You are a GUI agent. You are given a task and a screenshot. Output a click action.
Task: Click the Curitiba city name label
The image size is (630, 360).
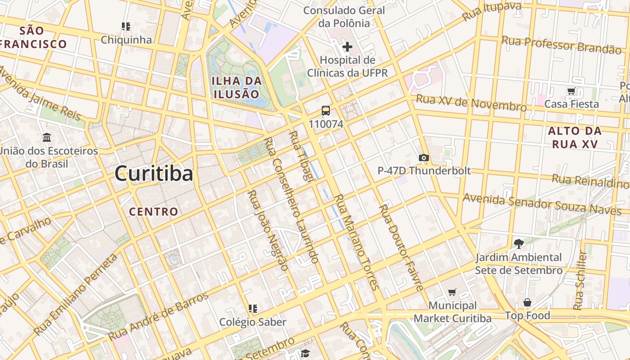click(x=154, y=173)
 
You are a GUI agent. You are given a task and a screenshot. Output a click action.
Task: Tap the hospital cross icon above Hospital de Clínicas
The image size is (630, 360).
click(x=347, y=46)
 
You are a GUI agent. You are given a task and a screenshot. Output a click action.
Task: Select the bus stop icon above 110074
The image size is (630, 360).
click(x=326, y=111)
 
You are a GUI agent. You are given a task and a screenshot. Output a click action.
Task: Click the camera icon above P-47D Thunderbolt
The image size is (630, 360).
click(x=423, y=157)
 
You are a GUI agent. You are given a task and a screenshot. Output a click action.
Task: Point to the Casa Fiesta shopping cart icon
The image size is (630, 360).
click(x=571, y=91)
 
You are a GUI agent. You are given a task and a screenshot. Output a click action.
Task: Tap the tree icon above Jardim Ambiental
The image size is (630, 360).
click(x=518, y=244)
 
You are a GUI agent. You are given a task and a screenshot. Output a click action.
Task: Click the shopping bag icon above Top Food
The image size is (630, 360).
click(x=527, y=302)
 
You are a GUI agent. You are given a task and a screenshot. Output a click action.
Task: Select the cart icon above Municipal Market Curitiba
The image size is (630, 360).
click(x=452, y=292)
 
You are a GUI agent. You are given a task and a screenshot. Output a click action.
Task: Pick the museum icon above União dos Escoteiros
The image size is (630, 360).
click(x=47, y=137)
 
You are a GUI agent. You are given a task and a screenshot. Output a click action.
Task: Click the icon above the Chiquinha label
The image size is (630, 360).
click(x=126, y=27)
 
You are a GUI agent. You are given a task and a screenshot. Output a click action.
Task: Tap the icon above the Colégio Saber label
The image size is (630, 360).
click(x=252, y=309)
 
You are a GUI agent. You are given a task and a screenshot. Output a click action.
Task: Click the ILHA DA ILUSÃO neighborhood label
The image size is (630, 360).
click(x=237, y=88)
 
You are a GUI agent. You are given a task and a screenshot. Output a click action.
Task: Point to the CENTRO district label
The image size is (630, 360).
click(x=153, y=211)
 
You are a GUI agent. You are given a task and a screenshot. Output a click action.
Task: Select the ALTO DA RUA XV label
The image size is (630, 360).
click(x=575, y=138)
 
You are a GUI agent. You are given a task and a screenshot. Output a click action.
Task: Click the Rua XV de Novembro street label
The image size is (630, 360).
click(x=471, y=103)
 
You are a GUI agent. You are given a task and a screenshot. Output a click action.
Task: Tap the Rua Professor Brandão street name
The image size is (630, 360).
click(x=561, y=45)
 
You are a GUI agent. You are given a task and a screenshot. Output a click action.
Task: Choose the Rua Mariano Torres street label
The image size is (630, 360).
click(x=355, y=241)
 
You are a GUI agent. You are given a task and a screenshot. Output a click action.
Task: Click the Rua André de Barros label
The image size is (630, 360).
click(x=158, y=316)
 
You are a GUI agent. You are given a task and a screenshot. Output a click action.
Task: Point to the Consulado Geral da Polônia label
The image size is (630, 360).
click(x=344, y=17)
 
